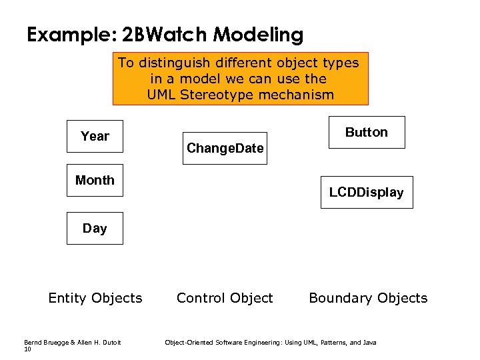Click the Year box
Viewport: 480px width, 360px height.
pos(95,137)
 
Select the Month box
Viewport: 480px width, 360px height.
pos(95,180)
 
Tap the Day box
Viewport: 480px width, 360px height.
pos(95,228)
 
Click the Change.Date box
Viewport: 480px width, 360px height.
pos(225,148)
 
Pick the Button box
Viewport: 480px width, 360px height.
pos(366,132)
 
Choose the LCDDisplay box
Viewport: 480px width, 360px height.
pos(366,192)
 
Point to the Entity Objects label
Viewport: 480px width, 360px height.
pos(95,298)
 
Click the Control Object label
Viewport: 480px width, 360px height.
pos(225,298)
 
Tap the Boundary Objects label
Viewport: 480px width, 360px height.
pos(368,298)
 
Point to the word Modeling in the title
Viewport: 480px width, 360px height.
pos(261,35)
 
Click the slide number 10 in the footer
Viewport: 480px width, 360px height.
pos(27,349)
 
